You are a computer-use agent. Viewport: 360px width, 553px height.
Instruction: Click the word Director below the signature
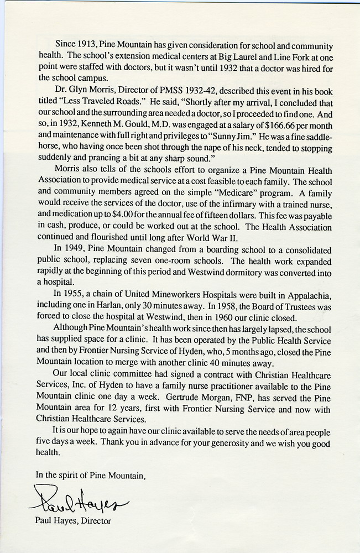tap(96, 521)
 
